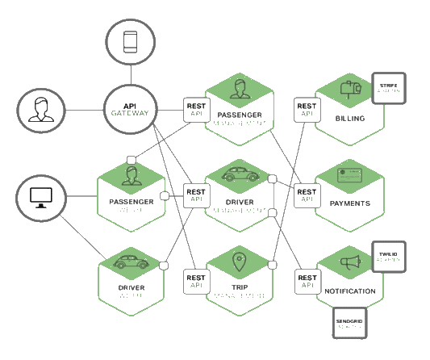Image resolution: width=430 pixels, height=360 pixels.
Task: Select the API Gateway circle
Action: coord(131,110)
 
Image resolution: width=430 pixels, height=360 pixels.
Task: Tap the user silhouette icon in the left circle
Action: coord(41,110)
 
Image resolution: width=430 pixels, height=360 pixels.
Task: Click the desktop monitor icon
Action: coord(41,196)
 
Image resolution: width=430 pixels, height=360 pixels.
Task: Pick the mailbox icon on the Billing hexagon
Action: coord(349,91)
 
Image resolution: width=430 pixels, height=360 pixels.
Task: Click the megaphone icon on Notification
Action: coord(349,264)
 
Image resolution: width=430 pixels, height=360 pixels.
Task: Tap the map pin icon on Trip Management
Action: coord(239,262)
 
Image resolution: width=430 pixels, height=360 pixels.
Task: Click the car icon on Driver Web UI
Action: coord(130,262)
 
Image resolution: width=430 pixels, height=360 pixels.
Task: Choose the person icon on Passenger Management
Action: coord(239,88)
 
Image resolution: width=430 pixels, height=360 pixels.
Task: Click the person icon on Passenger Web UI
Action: coord(130,175)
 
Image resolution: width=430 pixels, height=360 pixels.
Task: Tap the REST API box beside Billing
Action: coord(306,110)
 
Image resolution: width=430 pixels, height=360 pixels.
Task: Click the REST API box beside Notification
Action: coord(306,281)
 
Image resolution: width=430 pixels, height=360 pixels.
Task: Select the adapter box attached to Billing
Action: coord(389,89)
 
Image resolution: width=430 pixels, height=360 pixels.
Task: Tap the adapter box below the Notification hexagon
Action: coord(349,323)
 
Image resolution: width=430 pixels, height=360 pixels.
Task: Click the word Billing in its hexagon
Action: coord(349,119)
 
